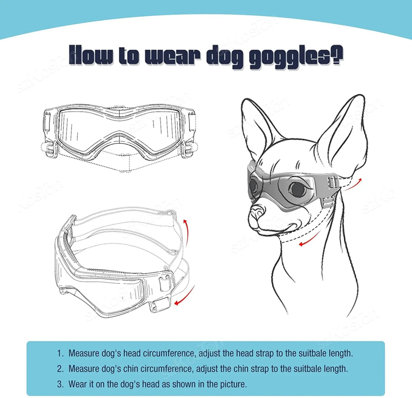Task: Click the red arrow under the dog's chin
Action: tap(308, 241)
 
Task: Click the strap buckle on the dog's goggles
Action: tap(332, 184)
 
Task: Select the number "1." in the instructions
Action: tap(60, 353)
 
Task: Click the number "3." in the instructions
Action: tap(60, 384)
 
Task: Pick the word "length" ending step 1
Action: tap(340, 353)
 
